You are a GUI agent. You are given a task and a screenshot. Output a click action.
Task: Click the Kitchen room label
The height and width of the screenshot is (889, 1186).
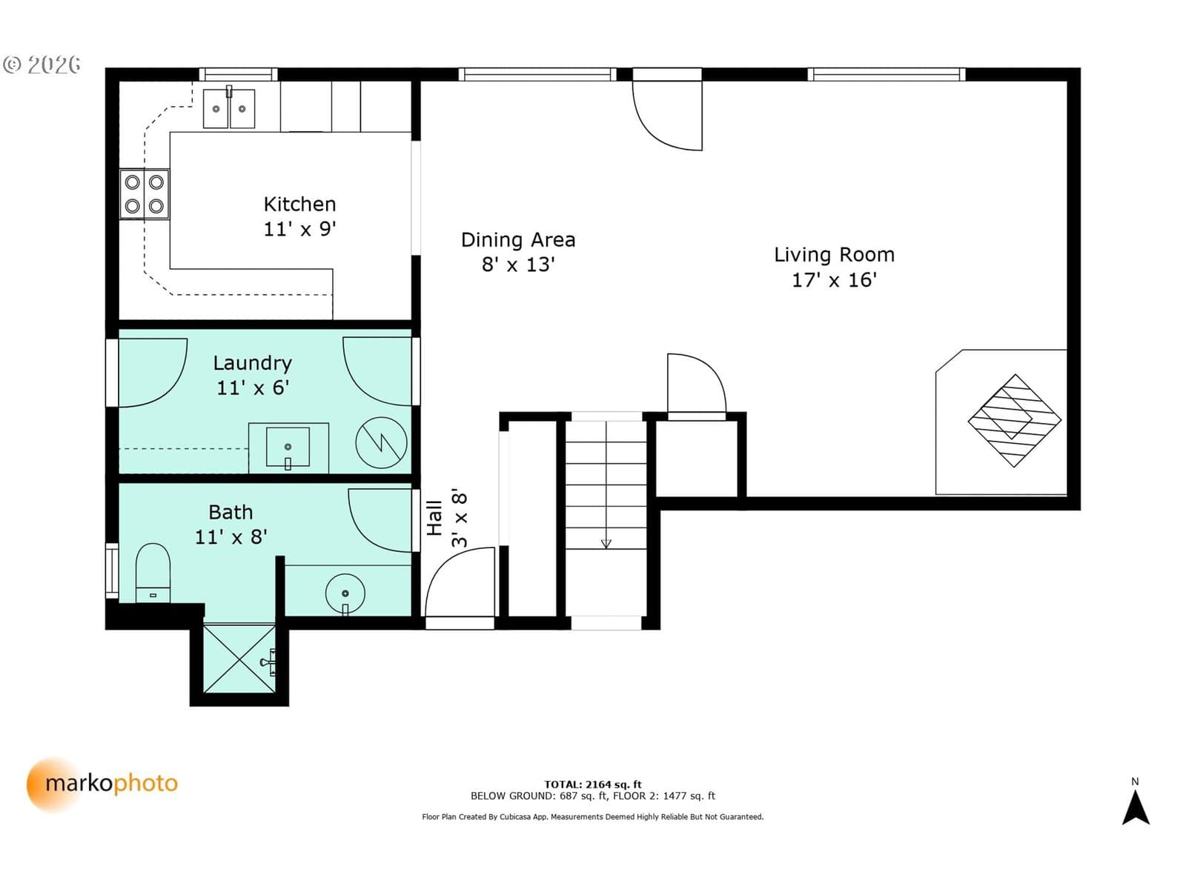click(300, 204)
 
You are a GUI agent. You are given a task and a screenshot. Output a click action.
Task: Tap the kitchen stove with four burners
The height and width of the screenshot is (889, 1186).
click(145, 194)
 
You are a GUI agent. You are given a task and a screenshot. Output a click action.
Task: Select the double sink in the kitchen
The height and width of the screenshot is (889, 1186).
click(228, 108)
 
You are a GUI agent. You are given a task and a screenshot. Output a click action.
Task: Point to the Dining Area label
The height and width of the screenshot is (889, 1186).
click(518, 240)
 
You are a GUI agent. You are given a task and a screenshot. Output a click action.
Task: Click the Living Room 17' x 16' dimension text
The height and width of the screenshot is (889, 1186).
click(834, 279)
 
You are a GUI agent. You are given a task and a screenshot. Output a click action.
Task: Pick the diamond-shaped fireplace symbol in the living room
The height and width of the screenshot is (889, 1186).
click(1014, 421)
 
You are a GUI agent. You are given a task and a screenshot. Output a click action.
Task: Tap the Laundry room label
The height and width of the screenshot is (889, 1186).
click(252, 363)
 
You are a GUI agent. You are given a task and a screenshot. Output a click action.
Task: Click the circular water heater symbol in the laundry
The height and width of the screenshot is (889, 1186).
click(381, 442)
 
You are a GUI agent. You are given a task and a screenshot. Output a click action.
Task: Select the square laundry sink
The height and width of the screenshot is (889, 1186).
click(288, 447)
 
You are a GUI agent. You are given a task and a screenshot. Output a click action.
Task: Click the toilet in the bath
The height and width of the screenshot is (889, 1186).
click(153, 572)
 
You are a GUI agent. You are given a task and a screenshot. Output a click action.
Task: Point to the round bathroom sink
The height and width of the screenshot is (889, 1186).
click(345, 593)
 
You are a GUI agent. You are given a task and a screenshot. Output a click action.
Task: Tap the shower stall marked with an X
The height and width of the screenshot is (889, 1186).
click(239, 659)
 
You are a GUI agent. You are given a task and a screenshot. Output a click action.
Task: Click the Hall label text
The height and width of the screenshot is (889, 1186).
click(434, 518)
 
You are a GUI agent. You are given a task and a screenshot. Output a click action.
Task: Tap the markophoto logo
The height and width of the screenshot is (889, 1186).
click(102, 785)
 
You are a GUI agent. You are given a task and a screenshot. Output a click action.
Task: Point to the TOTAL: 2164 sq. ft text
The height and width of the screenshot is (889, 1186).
click(593, 785)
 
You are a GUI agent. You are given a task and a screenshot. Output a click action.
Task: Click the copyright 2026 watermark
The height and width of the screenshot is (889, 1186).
click(42, 64)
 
